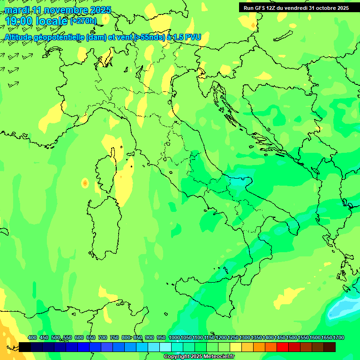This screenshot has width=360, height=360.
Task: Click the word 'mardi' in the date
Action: tap(16, 10)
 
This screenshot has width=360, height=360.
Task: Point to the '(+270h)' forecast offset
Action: tap(83, 21)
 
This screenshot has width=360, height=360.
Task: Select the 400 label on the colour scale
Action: tap(32, 337)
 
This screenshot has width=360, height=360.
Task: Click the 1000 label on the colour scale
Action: tap(174, 337)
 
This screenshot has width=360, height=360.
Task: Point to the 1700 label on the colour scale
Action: tap(338, 337)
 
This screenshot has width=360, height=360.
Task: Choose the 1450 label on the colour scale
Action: tap(280, 337)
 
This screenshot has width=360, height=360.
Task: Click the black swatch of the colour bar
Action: tap(25, 347)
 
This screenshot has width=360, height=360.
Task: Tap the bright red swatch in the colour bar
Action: tap(283, 347)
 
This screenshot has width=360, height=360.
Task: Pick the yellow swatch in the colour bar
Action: tap(236, 347)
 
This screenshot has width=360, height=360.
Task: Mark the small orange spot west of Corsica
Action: tap(85, 183)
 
